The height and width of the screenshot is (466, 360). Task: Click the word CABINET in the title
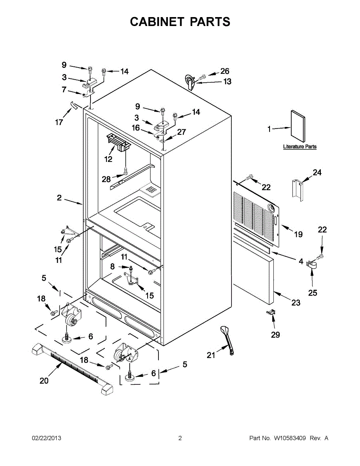[x=157, y=22]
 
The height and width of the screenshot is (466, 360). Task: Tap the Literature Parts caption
[x=300, y=147]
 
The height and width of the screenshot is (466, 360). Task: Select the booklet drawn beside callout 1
[x=298, y=126]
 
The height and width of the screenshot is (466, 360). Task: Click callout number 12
[x=108, y=159]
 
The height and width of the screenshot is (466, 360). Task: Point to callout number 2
[x=59, y=198]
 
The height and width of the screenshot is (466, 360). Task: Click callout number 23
[x=296, y=303]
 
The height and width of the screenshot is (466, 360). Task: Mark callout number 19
[x=298, y=234]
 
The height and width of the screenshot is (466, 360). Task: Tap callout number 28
[x=106, y=179]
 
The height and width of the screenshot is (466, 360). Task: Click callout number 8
[x=113, y=266]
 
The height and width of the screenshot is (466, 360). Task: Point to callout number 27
[x=181, y=132]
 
